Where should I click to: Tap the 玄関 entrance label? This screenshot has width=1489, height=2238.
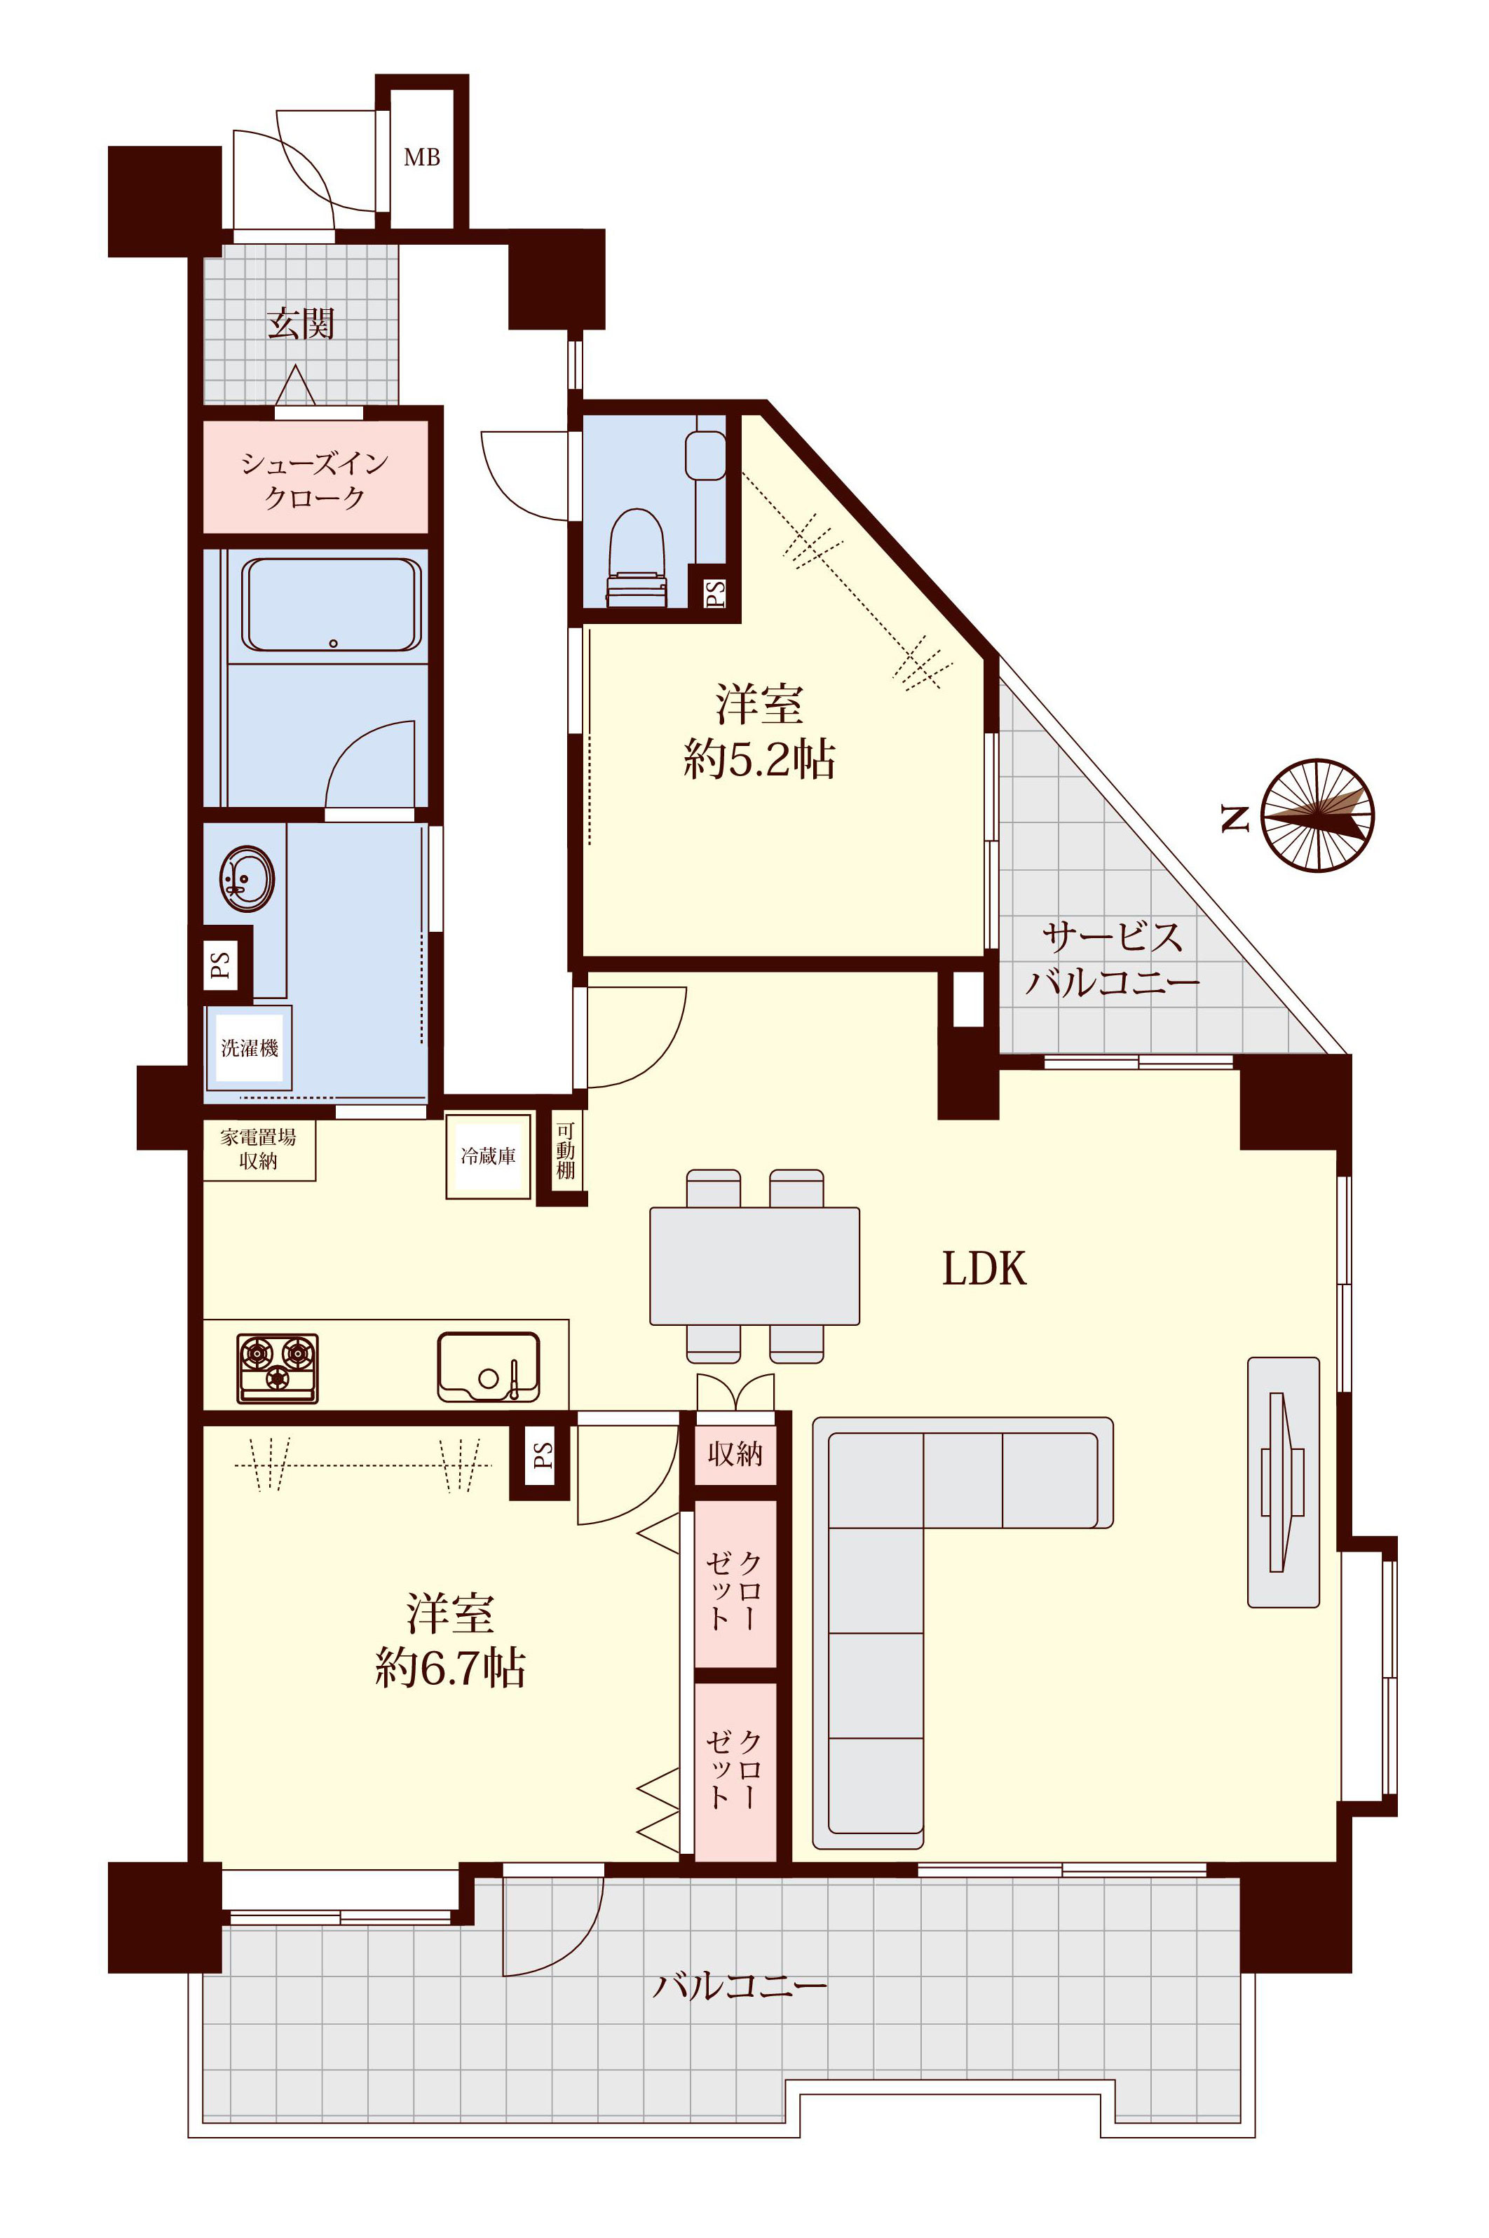point(301,324)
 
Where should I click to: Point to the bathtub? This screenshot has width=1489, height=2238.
point(332,605)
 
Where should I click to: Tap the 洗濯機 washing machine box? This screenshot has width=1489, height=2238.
point(250,1048)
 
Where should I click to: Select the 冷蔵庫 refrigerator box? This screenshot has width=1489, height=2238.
point(488,1156)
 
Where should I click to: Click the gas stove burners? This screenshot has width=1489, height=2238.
point(278,1368)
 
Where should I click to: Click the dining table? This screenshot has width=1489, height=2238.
point(755,1266)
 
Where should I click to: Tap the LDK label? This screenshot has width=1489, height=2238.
point(984,1268)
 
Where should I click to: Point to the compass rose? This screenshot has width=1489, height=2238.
point(1318,815)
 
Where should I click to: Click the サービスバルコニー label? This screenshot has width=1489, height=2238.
point(1112,959)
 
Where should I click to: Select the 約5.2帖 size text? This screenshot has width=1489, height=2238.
point(760,759)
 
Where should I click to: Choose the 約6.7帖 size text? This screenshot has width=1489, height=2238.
point(450,1667)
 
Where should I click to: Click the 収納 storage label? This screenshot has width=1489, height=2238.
point(735,1453)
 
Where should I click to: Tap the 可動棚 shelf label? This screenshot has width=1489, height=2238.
point(565,1151)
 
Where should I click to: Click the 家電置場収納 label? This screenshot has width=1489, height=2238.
point(258,1149)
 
